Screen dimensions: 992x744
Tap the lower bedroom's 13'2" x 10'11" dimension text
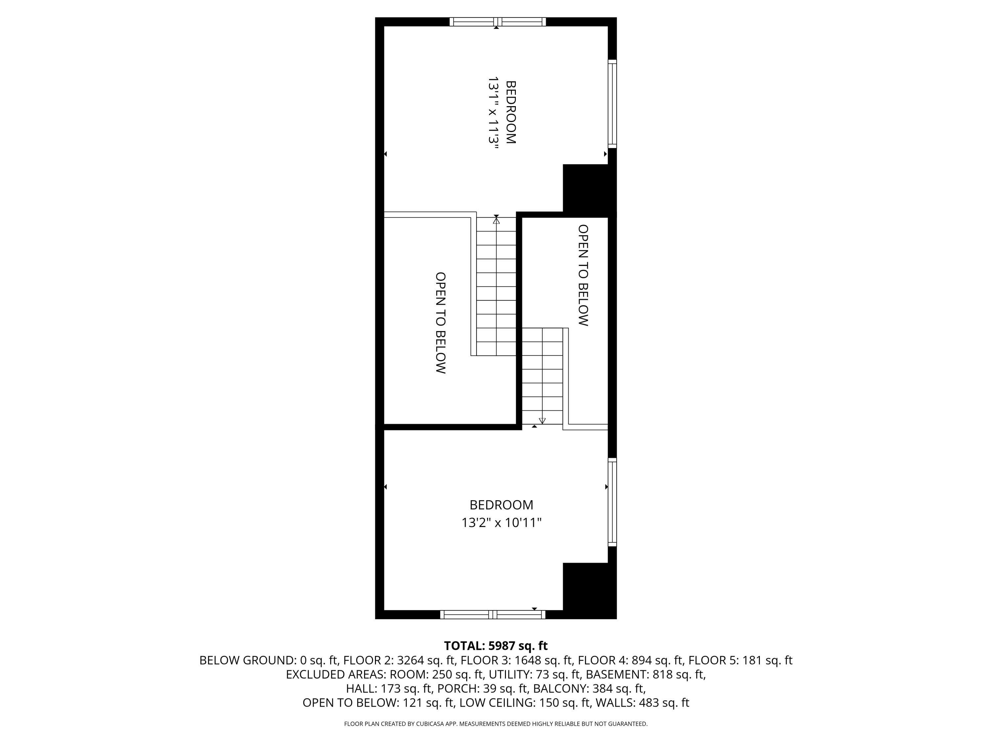click(501, 522)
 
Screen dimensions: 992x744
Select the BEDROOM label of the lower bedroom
click(501, 505)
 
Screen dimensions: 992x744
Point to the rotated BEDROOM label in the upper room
click(511, 112)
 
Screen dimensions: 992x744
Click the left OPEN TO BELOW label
click(440, 322)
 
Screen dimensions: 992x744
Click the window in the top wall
click(498, 21)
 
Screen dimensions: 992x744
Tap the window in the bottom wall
click(492, 614)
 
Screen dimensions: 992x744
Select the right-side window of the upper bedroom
click(612, 103)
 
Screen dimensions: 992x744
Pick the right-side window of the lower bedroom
click(612, 502)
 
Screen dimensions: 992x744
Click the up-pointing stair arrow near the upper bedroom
click(496, 220)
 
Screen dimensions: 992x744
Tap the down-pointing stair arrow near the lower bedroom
click(542, 421)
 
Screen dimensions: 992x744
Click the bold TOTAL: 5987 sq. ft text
click(496, 646)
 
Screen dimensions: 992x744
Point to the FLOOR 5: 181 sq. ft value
click(740, 660)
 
